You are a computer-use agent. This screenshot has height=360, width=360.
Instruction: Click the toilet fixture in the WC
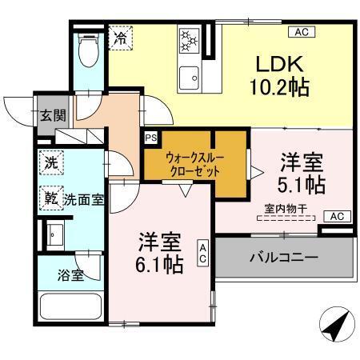(88, 52)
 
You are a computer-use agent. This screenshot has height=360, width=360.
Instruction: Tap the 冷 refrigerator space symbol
(121, 38)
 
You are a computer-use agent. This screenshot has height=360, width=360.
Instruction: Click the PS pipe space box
(150, 138)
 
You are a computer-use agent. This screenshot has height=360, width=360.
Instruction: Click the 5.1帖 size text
(302, 185)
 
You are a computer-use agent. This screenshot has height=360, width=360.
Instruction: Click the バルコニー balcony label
(283, 258)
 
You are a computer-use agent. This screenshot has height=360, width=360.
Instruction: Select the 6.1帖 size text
(160, 262)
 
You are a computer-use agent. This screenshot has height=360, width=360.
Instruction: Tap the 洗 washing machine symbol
(50, 160)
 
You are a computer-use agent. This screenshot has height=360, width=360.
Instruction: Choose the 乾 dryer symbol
(50, 197)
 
